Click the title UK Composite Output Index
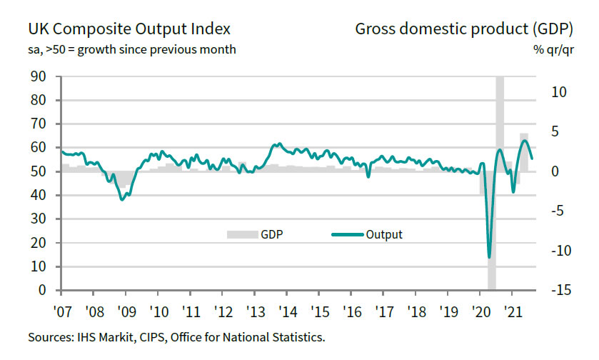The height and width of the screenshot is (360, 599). pyautogui.click(x=129, y=29)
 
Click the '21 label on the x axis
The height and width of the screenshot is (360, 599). pyautogui.click(x=513, y=312)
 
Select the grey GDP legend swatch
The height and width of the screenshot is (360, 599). pyautogui.click(x=241, y=234)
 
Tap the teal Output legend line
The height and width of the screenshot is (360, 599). pyautogui.click(x=347, y=234)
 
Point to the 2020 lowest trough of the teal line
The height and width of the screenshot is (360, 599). pyautogui.click(x=489, y=257)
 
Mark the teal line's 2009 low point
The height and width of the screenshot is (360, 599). pyautogui.click(x=122, y=199)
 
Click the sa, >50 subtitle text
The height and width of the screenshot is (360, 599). pyautogui.click(x=131, y=50)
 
